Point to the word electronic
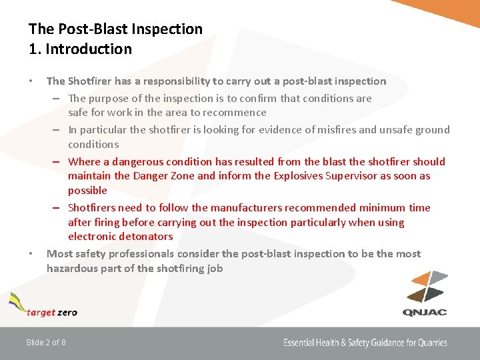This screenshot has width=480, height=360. [91, 237]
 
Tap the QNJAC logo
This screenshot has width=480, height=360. [425, 293]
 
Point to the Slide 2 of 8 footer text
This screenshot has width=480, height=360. [45, 343]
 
